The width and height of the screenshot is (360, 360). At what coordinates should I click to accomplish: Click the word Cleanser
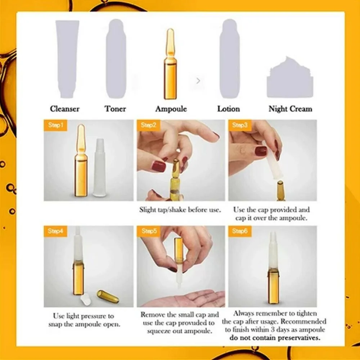pos(65,109)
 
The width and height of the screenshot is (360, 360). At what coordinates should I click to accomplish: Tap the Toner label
pos(115,109)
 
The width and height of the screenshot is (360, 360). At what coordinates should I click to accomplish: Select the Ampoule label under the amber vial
pos(171,109)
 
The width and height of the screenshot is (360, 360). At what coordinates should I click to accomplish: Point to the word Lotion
pos(229,109)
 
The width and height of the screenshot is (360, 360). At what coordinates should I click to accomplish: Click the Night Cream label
pos(291,109)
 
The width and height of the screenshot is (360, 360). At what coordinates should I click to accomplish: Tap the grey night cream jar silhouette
pos(290,78)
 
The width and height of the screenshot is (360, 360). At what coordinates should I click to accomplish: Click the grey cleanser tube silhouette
pos(67,59)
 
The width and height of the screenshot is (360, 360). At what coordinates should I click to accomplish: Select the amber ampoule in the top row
pos(170,64)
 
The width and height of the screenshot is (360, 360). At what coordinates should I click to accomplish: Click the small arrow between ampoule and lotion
pos(198,81)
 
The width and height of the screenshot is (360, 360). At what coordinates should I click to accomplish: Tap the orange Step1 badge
pos(55,125)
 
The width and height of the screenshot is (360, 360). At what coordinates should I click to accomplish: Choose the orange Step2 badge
pos(148,125)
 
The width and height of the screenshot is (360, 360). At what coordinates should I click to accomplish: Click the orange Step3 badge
pos(240,125)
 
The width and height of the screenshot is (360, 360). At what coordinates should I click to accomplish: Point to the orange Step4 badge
pos(55,231)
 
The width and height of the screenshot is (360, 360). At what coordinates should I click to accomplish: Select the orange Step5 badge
pos(148,231)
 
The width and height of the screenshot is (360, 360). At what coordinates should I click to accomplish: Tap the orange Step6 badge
pos(240,231)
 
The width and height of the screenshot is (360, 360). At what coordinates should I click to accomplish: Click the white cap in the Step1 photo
pos(100,168)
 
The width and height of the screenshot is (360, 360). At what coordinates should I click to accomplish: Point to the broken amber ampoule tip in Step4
pos(108,296)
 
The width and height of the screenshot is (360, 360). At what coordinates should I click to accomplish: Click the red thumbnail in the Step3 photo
pos(261,151)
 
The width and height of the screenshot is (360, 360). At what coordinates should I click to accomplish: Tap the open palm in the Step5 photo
pos(186,298)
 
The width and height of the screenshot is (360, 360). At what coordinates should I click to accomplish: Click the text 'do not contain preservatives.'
pos(275,338)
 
